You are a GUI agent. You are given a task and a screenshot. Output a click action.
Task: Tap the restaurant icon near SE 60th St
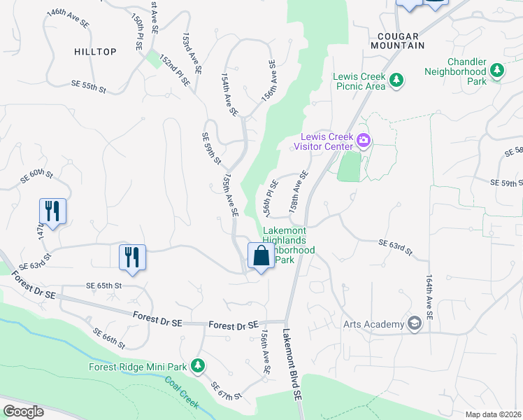coord(52,210)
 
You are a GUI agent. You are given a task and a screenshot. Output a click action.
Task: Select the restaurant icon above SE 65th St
coord(131,257)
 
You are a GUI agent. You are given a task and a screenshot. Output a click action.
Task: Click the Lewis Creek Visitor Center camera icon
coord(364,141)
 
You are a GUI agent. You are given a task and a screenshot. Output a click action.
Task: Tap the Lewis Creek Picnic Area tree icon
coord(396,80)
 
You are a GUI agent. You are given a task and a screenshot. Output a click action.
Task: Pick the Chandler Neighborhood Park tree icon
coord(497,70)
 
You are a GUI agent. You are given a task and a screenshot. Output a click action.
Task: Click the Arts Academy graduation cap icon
coord(415,323)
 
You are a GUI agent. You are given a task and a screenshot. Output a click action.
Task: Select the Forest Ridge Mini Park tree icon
coord(198,366)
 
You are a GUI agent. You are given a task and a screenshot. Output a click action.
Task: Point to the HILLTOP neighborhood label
coord(95,52)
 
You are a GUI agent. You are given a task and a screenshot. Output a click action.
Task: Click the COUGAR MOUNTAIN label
coord(401,41)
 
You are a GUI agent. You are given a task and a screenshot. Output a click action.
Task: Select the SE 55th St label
coord(88,86)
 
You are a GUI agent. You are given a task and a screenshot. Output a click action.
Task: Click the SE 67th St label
coord(226,391)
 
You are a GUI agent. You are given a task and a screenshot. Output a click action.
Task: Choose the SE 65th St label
coord(103,286)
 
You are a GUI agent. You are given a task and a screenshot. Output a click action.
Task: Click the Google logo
coord(22,412)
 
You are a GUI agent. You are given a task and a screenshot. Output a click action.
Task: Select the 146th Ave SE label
coord(68,19)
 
